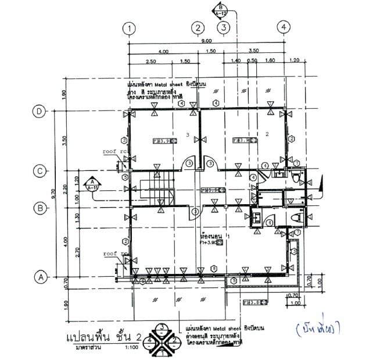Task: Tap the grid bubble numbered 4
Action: click(x=283, y=27)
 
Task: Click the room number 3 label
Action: click(x=187, y=134)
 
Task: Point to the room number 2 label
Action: click(x=266, y=134)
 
